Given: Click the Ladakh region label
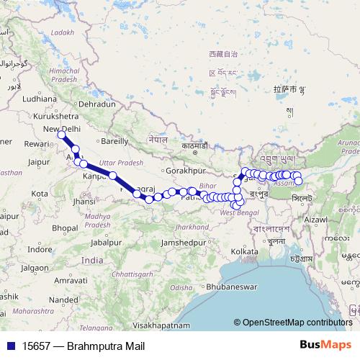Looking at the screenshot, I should point(63,32).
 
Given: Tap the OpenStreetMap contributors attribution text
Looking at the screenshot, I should point(297,322).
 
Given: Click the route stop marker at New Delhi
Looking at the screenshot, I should point(63,135).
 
